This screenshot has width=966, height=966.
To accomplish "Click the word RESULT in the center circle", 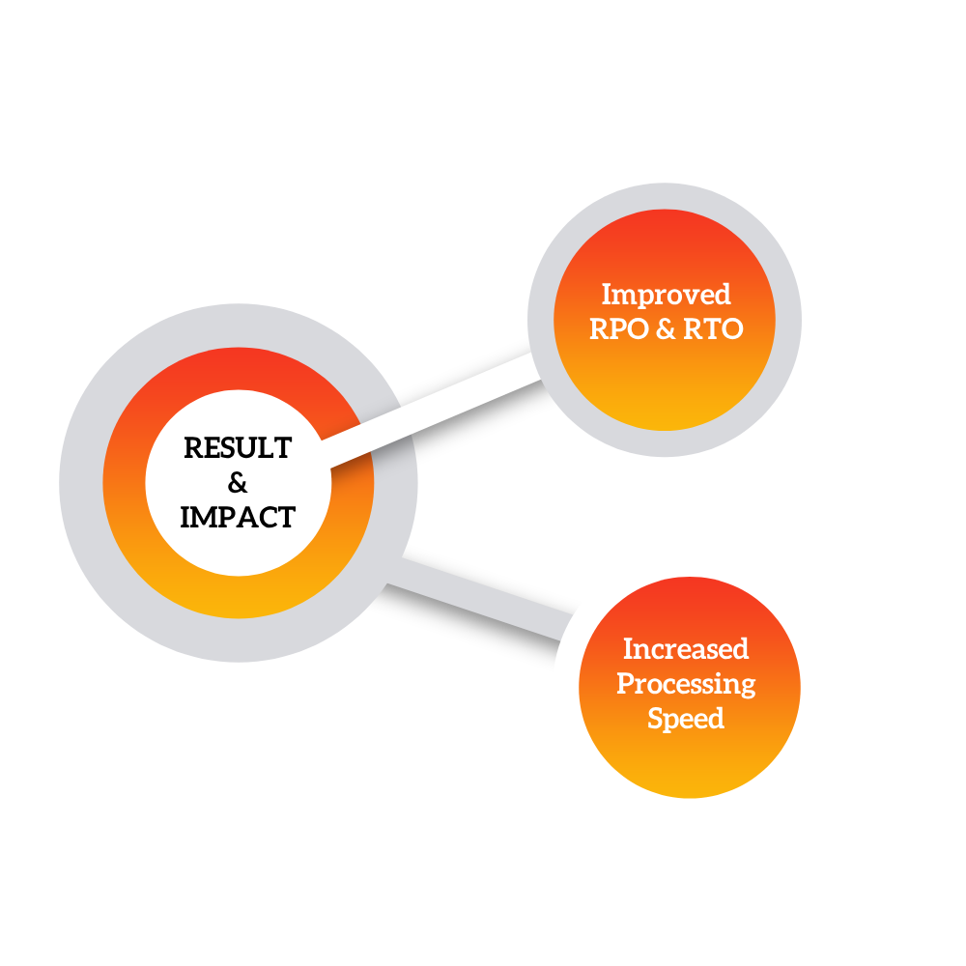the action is coord(238,448).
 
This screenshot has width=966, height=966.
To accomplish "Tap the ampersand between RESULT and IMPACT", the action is coord(238,482).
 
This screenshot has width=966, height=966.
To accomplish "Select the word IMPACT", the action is coord(238,517).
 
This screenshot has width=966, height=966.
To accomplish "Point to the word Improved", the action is coord(666,296).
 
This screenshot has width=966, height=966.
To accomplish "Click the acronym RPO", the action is coord(619,329).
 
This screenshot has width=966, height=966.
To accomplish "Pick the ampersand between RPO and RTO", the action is coord(666,329).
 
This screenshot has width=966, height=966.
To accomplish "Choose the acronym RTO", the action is coord(714,329).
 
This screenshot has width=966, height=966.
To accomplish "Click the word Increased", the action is coord(686,649).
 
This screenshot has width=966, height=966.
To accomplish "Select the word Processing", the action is coord(686,685).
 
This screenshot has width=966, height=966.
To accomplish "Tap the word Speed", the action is coord(686,720).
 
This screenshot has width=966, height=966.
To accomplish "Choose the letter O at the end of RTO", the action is coord(731,329).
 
